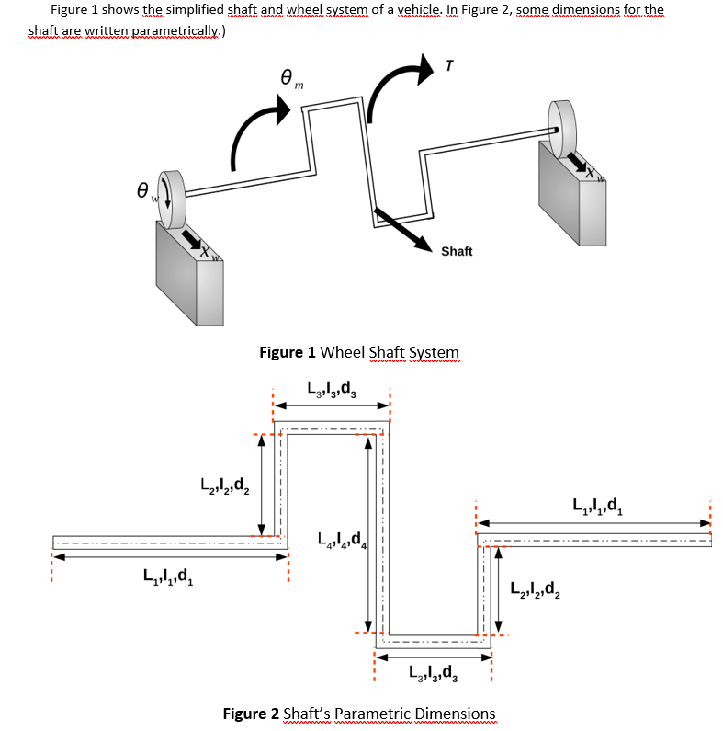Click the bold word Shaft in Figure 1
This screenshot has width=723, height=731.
coord(457,251)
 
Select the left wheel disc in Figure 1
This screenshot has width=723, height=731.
coord(171,199)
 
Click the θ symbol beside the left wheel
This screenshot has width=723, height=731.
coord(143,192)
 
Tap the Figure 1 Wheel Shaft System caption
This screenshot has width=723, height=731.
coord(359,352)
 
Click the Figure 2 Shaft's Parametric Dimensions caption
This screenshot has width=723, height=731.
coord(359,714)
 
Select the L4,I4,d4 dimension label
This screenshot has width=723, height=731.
coord(341,540)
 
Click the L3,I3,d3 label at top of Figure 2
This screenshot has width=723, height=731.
coord(333,386)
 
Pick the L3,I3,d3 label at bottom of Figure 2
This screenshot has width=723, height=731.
coord(433,677)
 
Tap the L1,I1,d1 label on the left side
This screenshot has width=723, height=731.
coord(168,578)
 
